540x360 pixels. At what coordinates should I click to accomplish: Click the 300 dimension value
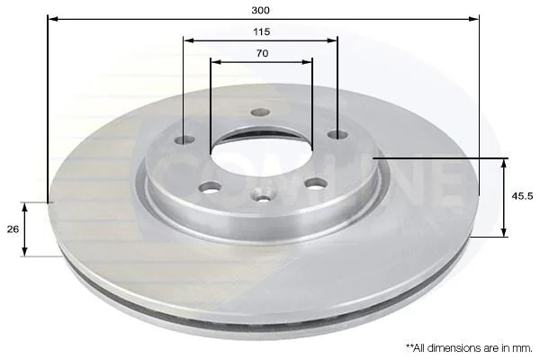(260, 10)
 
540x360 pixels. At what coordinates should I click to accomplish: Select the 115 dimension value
(261, 32)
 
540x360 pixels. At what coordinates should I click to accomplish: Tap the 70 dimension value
(262, 53)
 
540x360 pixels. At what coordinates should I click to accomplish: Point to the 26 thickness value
(13, 229)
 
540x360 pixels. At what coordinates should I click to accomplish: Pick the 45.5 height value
(522, 196)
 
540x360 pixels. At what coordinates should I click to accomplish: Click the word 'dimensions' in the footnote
(452, 348)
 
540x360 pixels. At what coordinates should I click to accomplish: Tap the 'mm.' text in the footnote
(522, 348)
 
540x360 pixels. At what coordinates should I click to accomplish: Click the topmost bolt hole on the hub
(260, 112)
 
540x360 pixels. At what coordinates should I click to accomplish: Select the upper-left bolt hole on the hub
(184, 139)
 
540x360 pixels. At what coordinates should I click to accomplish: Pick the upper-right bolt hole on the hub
(337, 135)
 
